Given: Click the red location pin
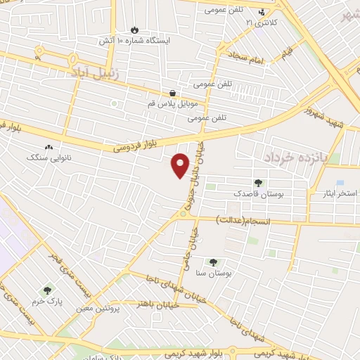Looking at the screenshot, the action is tap(181, 165).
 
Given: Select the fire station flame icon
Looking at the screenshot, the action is tap(134, 30).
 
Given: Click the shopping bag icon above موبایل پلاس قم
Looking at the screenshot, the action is tap(172, 93).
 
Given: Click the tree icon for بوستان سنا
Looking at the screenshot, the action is tap(214, 262).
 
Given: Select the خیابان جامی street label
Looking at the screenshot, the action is tap(194, 240).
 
